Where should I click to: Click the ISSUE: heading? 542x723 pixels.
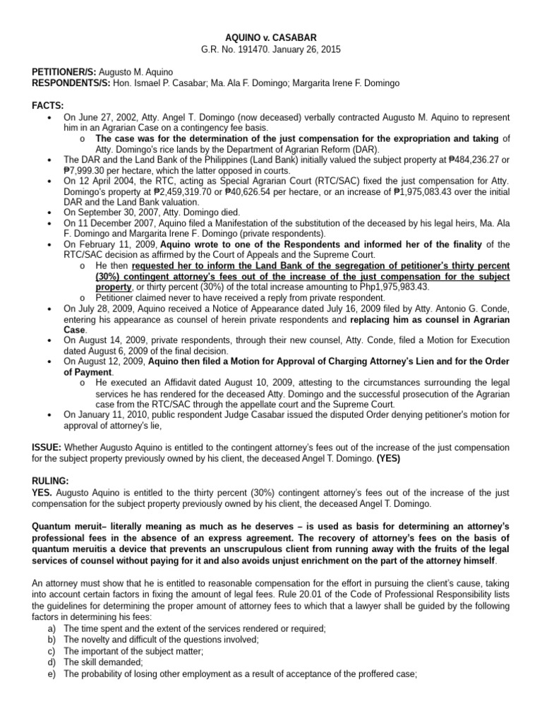(48, 447)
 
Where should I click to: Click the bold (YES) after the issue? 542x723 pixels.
(388, 458)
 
